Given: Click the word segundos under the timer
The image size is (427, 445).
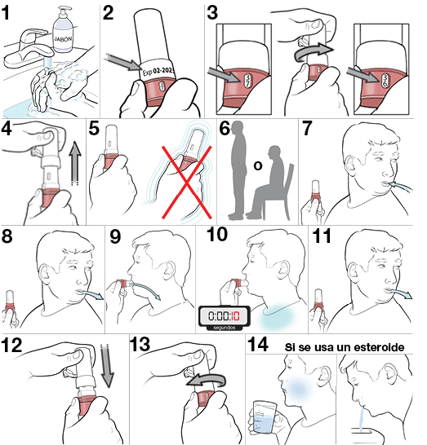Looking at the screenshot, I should click(x=223, y=329).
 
